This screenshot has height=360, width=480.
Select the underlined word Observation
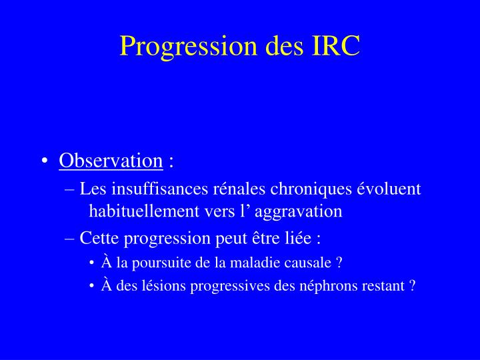click(111, 161)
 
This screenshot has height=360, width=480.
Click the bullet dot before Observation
click(44, 161)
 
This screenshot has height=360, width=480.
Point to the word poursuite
click(159, 263)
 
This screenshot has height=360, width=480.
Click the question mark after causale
click(339, 263)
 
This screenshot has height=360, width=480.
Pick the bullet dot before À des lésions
click(91, 286)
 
